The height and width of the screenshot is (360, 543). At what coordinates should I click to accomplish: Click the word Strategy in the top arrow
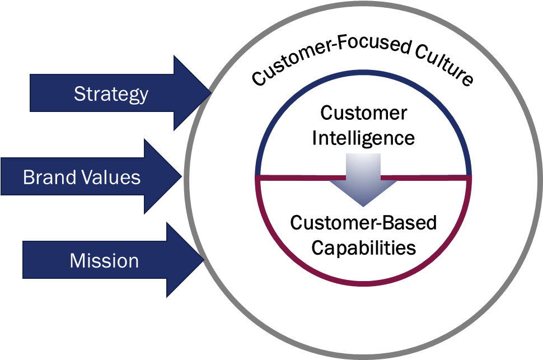point(111,93)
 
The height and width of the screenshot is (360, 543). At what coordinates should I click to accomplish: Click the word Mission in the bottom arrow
point(104,260)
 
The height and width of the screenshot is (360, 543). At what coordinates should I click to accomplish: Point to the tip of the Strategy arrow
point(209,93)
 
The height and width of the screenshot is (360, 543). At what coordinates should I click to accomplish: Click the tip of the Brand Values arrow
point(182,177)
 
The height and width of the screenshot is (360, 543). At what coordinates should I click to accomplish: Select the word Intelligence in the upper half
point(363,138)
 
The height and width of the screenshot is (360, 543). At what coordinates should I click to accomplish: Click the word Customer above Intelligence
point(363,113)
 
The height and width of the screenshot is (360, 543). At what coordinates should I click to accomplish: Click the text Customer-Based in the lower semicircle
point(363,223)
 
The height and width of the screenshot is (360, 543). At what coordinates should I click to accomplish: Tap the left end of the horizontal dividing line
point(257,177)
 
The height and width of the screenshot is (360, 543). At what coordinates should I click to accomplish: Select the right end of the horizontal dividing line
point(470,177)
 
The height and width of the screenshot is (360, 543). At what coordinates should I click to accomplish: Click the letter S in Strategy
point(79,93)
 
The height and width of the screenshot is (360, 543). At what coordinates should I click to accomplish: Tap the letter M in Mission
point(77,260)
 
